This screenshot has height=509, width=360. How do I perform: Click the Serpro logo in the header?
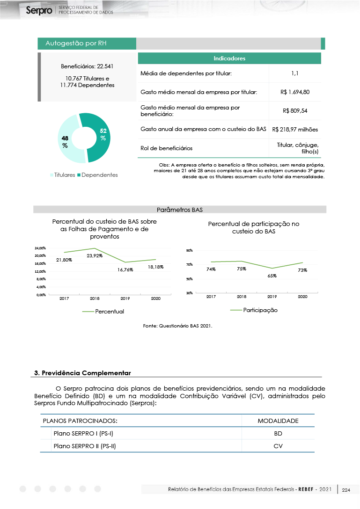coord(39,10)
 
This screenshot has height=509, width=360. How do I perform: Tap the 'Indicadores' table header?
coord(229,58)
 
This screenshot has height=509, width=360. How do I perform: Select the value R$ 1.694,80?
coord(295,92)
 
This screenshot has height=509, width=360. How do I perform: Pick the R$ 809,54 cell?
coord(295,111)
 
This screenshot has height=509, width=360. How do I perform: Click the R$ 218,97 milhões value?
coord(295,129)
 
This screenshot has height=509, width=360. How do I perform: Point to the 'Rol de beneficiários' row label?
coord(166,148)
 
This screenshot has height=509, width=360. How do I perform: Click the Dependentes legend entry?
coord(97,175)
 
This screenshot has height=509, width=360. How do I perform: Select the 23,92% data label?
coord(95,255)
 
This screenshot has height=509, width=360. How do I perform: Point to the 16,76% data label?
coord(125,269)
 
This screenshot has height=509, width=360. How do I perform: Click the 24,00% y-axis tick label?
coord(40,248)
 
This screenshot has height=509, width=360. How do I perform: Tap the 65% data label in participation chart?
coord(272,276)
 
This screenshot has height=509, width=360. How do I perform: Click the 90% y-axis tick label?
coord(190,251)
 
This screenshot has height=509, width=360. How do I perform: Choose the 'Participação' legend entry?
coord(260,310)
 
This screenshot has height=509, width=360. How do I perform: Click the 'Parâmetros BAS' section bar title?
coord(179,210)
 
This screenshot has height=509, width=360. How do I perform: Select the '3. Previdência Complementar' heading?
coord(83,373)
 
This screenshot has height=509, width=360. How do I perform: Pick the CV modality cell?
coord(278,446)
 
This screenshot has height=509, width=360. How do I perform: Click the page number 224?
coord(346,490)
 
